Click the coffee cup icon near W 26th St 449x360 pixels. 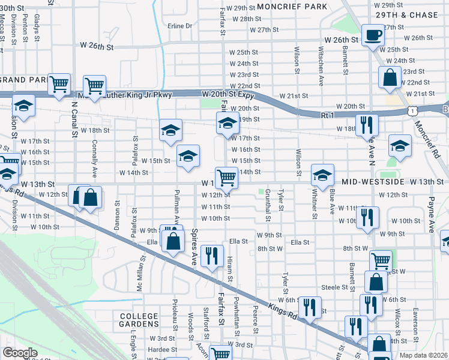373,34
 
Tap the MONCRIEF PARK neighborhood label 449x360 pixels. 292,7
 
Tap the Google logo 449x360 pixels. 20,353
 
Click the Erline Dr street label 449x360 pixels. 179,26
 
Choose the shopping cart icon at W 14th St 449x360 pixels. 226,176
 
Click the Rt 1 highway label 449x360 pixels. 327,114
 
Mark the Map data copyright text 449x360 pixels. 423,355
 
